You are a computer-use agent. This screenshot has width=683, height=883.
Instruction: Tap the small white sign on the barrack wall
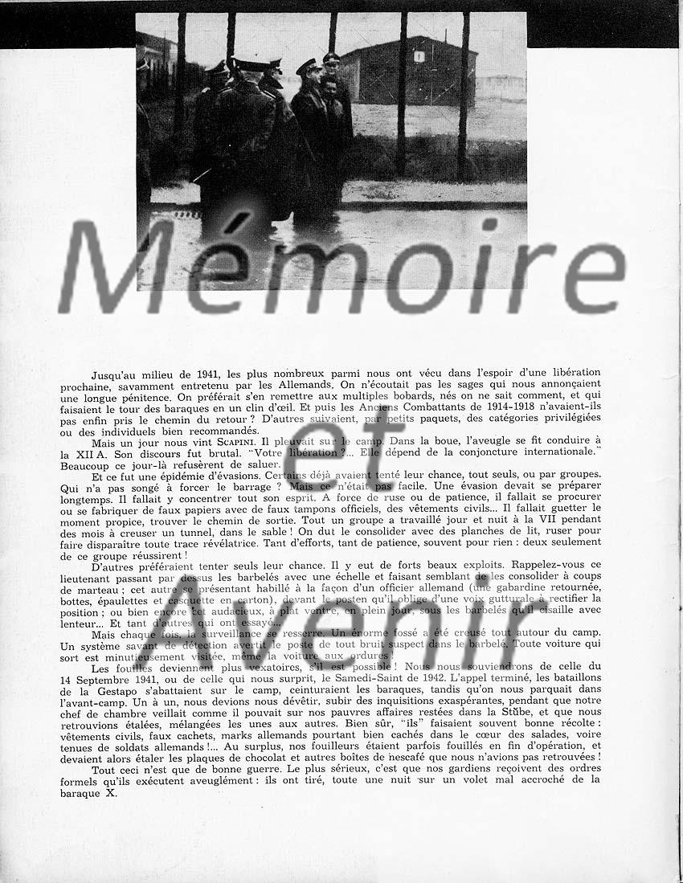(x=419, y=56)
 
